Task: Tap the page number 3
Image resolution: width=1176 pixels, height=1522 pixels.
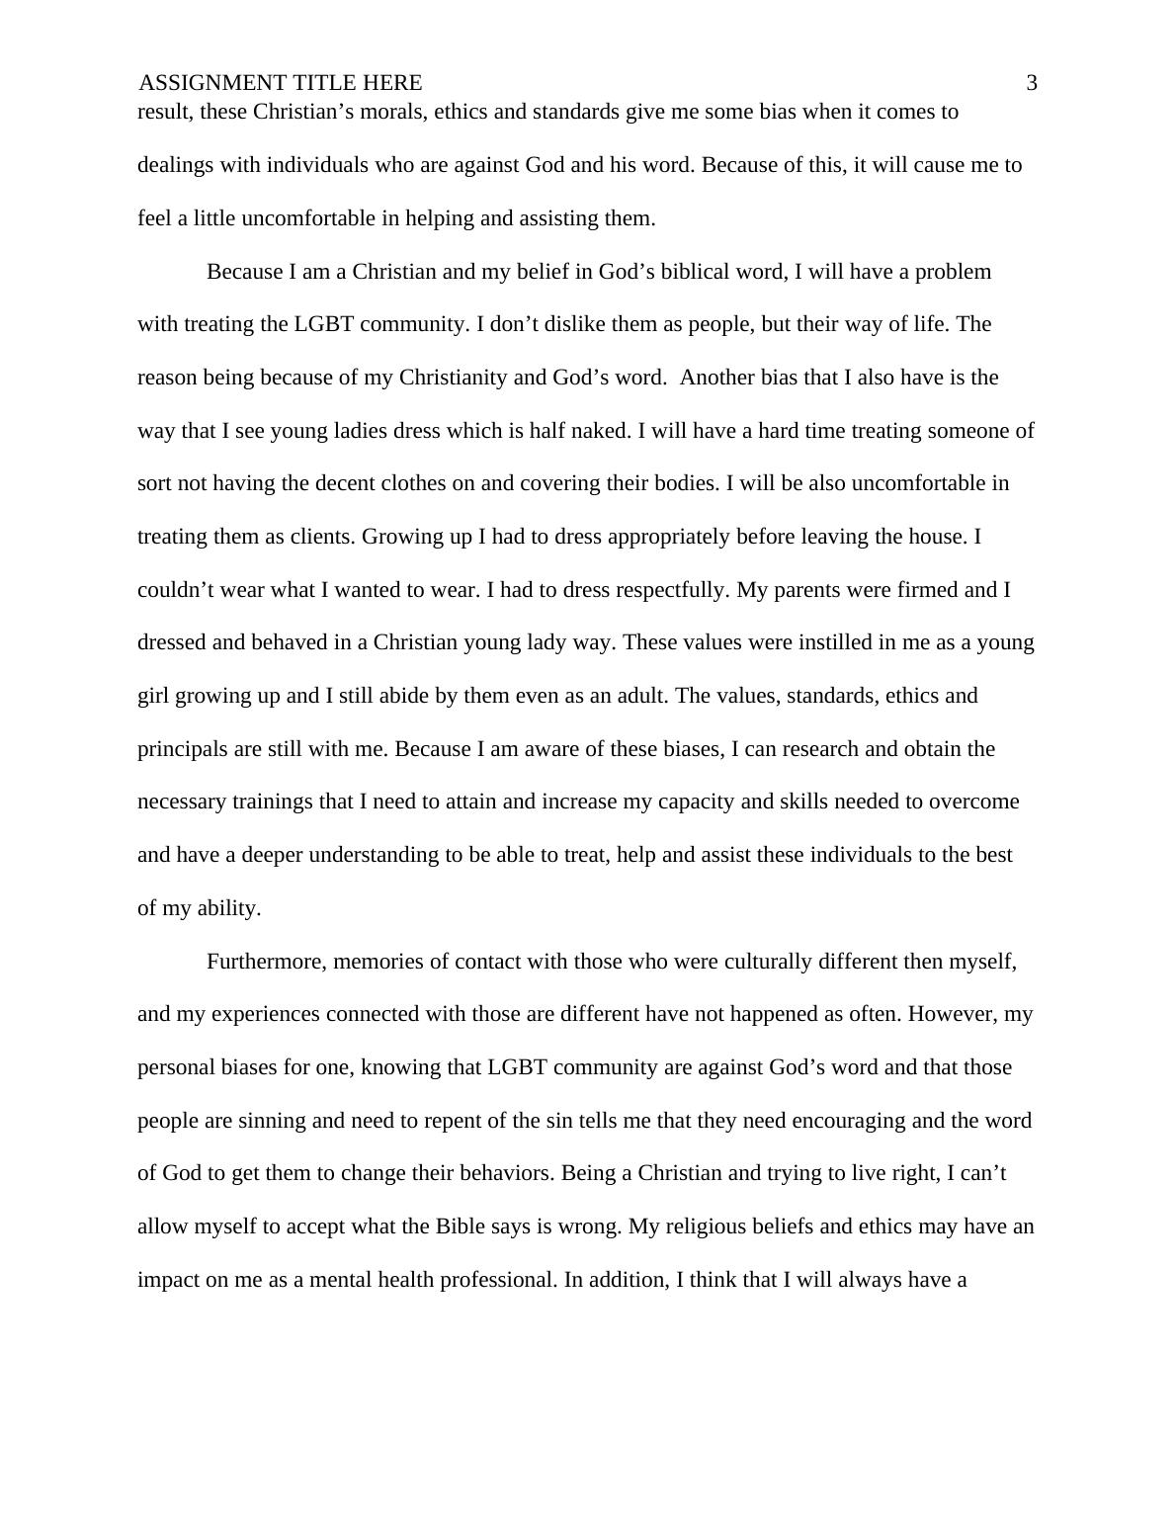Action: pyautogui.click(x=1032, y=83)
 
